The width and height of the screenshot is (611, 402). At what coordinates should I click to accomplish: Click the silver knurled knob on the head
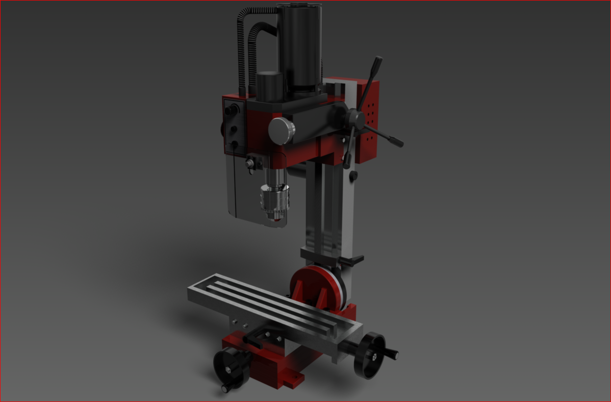[x=281, y=131]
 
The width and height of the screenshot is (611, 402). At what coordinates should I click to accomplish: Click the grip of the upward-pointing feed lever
[x=377, y=65]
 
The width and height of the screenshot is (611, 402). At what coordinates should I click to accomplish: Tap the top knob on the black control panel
[x=234, y=109]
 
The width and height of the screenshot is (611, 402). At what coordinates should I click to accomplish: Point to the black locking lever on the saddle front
[x=254, y=339]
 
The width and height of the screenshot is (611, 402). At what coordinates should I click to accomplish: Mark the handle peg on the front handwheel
[x=225, y=389]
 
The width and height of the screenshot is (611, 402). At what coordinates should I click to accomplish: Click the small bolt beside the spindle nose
[x=250, y=164]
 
